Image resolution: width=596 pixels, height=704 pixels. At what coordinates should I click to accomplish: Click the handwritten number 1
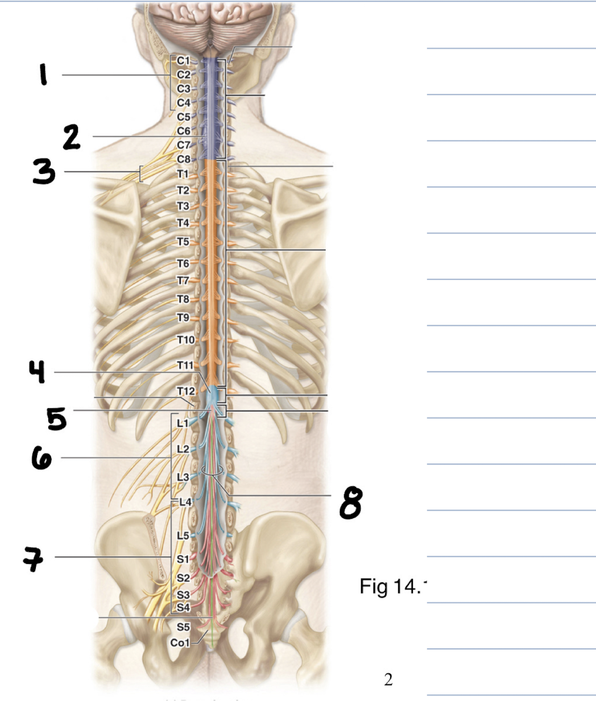tap(43, 74)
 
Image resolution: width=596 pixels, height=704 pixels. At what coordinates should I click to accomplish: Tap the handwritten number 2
tap(72, 137)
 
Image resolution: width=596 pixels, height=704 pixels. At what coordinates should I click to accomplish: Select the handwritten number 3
tap(44, 172)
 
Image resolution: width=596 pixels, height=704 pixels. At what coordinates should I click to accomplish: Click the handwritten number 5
tap(57, 419)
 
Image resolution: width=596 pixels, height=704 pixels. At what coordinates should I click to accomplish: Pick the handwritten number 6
tap(42, 458)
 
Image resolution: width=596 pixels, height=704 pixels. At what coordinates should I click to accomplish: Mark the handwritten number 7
tap(34, 558)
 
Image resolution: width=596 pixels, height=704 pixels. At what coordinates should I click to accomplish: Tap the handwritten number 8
tap(351, 503)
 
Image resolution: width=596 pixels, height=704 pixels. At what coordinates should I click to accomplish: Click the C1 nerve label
tap(183, 60)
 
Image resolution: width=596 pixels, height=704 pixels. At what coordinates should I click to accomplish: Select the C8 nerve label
tap(183, 159)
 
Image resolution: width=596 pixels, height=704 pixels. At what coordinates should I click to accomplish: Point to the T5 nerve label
tap(183, 242)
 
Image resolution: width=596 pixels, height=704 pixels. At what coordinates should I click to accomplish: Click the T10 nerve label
tap(185, 339)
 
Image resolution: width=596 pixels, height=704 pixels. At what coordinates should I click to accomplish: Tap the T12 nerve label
tap(185, 391)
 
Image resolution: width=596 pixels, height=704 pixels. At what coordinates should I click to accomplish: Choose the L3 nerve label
tap(183, 477)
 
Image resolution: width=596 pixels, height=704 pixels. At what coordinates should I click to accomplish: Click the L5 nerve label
tap(183, 535)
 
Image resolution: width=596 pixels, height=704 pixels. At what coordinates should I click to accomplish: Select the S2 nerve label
tap(183, 578)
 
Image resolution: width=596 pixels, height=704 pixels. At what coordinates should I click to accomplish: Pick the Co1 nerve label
tap(180, 643)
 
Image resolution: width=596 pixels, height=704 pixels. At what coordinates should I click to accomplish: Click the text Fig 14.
tap(392, 586)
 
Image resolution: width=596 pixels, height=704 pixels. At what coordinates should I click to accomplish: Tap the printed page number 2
tap(388, 679)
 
